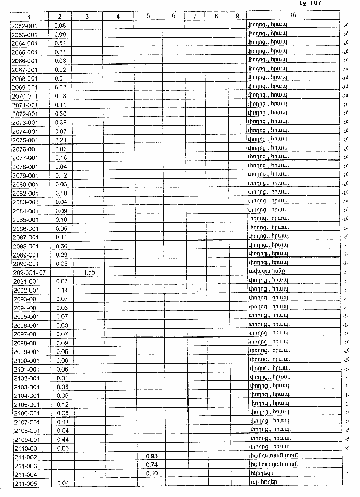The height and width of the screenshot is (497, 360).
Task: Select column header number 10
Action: pos(293,16)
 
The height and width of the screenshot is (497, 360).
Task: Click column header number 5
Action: pos(148,16)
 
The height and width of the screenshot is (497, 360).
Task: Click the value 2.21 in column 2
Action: pos(60,140)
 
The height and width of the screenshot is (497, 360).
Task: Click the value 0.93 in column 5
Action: pos(151,457)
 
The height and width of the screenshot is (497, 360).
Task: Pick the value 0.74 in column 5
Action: pos(151,466)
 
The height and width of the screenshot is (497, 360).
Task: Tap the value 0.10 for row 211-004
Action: pos(151,474)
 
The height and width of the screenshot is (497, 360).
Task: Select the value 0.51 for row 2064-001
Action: pos(60,42)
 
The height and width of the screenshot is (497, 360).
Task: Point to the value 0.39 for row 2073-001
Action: pos(60,122)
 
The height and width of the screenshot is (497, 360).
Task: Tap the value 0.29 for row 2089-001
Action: pos(61,255)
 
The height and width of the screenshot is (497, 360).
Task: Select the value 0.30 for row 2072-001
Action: pos(60,114)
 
